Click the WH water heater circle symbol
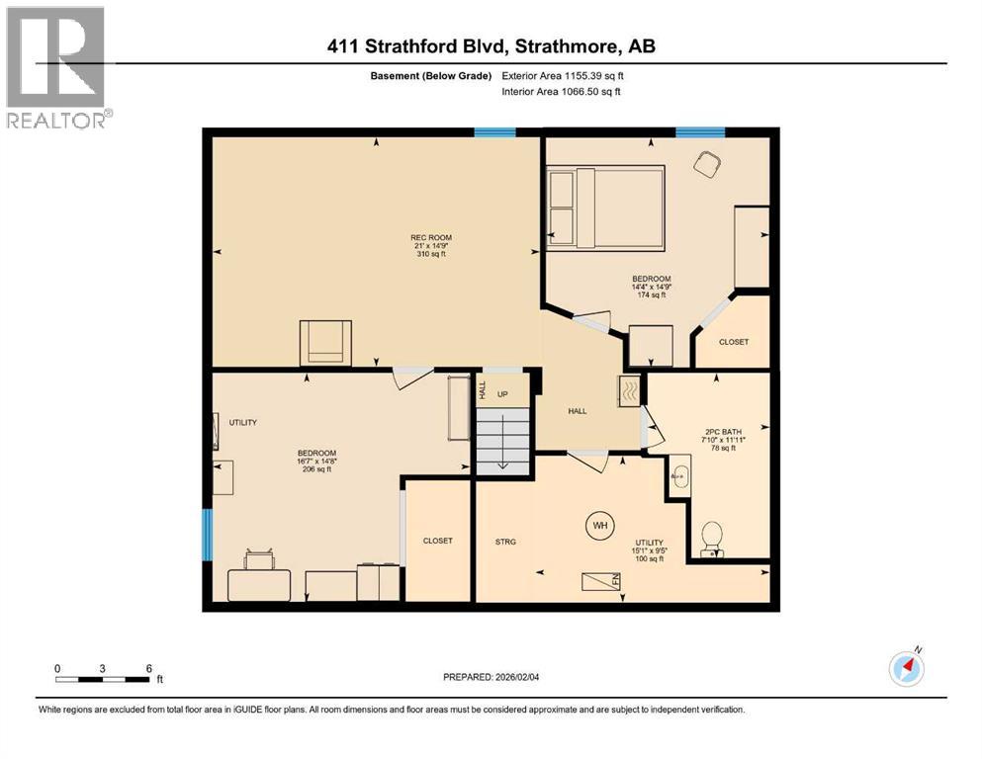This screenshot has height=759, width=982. tap(598, 524)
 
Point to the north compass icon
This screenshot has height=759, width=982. tap(906, 667)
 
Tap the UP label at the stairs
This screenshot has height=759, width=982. tap(502, 394)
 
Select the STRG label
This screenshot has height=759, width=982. tap(506, 542)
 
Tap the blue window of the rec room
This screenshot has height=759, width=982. tap(494, 132)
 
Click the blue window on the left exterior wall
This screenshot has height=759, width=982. tap(207, 534)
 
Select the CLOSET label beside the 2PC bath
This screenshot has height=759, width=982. tap(734, 342)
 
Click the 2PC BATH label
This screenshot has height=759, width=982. tap(720, 431)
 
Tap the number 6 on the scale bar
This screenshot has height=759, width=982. tap(148, 668)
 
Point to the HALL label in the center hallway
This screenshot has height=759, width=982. tap(578, 411)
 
